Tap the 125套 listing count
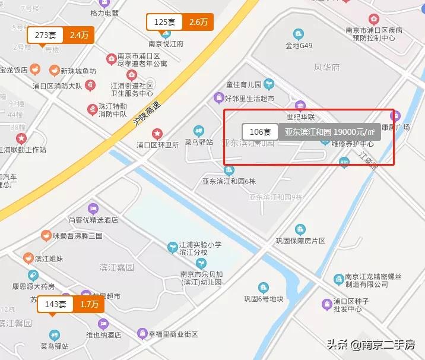164,23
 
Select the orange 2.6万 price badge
198,23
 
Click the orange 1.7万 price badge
88,305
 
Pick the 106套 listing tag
260,132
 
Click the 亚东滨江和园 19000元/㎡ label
329,132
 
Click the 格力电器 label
104,13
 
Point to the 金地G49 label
299,45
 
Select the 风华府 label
326,68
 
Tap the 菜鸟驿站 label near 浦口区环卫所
199,142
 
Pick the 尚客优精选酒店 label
93,220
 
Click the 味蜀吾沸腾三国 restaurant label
77,236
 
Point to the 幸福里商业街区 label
172,334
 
